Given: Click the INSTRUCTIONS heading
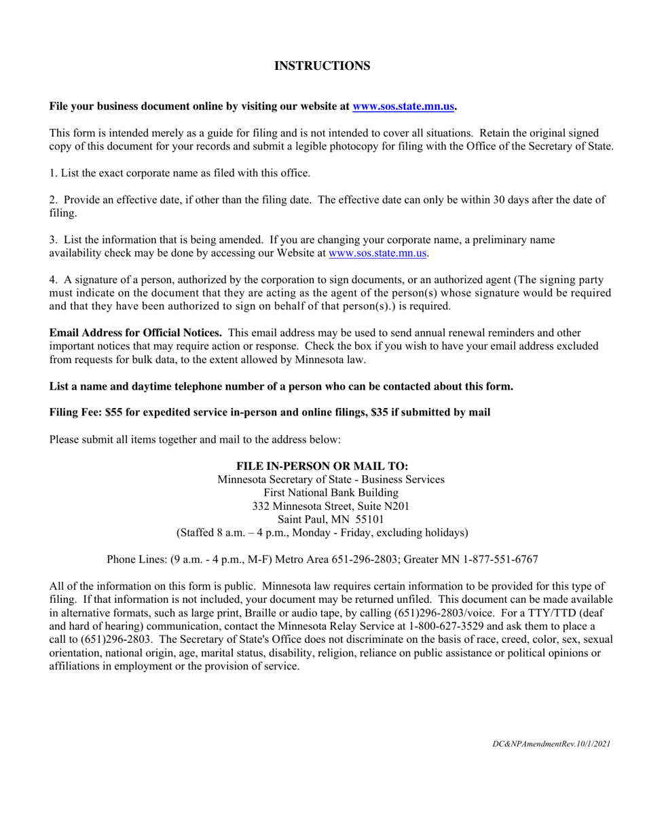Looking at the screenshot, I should pos(322,66).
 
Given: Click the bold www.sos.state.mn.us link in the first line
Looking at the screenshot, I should pos(403,107).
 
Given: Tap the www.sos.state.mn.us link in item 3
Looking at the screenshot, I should pos(377,253).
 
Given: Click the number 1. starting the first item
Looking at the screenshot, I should pos(53,173).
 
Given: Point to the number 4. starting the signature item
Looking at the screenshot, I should pos(54,280).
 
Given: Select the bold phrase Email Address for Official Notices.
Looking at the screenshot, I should pos(135,333).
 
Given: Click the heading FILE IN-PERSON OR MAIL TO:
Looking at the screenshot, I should pos(322,466).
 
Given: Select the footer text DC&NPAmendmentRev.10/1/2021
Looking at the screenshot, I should pos(551,744).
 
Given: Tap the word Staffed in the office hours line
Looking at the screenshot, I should pos(199,533).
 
